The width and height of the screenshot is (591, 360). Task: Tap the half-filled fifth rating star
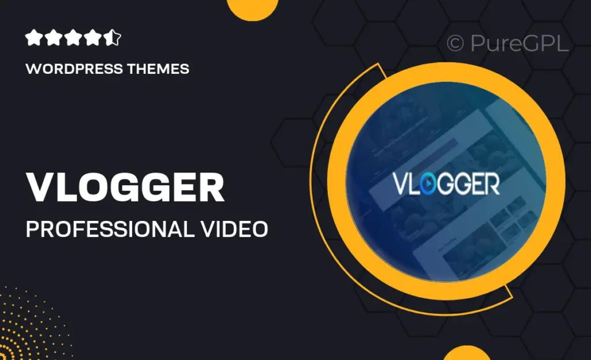pos(114,39)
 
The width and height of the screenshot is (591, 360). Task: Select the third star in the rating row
pos(73,39)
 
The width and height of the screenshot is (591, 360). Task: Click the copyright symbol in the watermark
pos(455,44)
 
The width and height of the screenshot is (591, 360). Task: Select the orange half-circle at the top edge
pos(254,8)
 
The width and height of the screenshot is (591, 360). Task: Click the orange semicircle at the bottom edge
pos(467,353)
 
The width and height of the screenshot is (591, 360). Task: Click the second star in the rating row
pos(53,39)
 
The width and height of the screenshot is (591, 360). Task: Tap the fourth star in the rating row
pos(93,39)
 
